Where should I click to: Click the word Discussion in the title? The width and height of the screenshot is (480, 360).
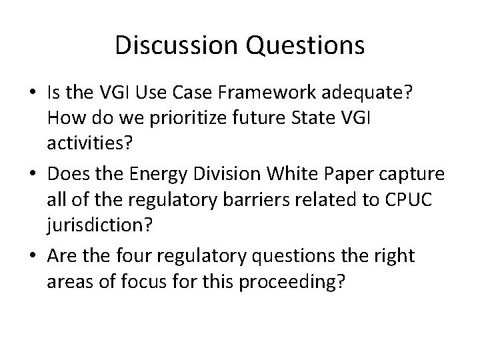coord(174,45)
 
